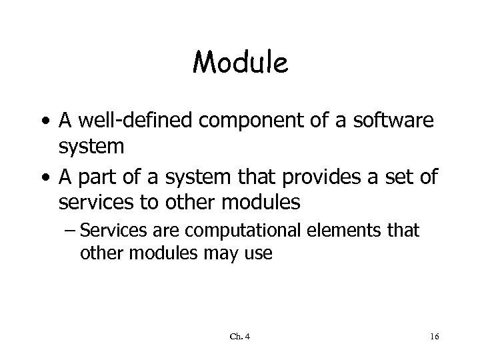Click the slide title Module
point(240,63)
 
